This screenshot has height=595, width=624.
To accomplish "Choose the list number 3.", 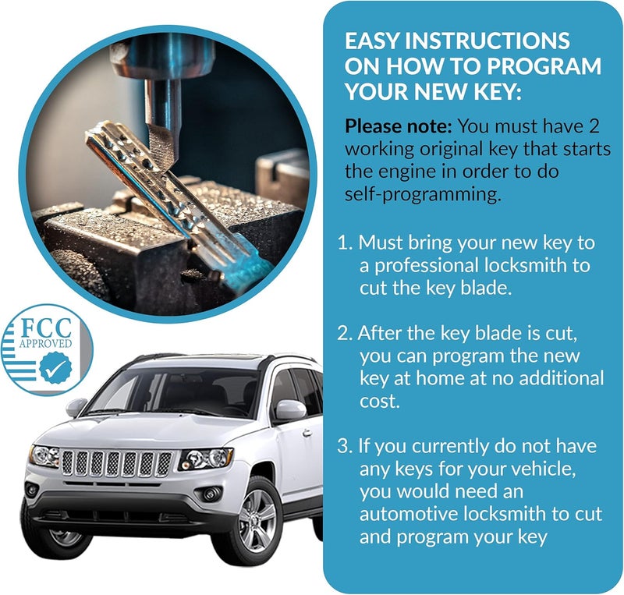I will coord(343,447).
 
